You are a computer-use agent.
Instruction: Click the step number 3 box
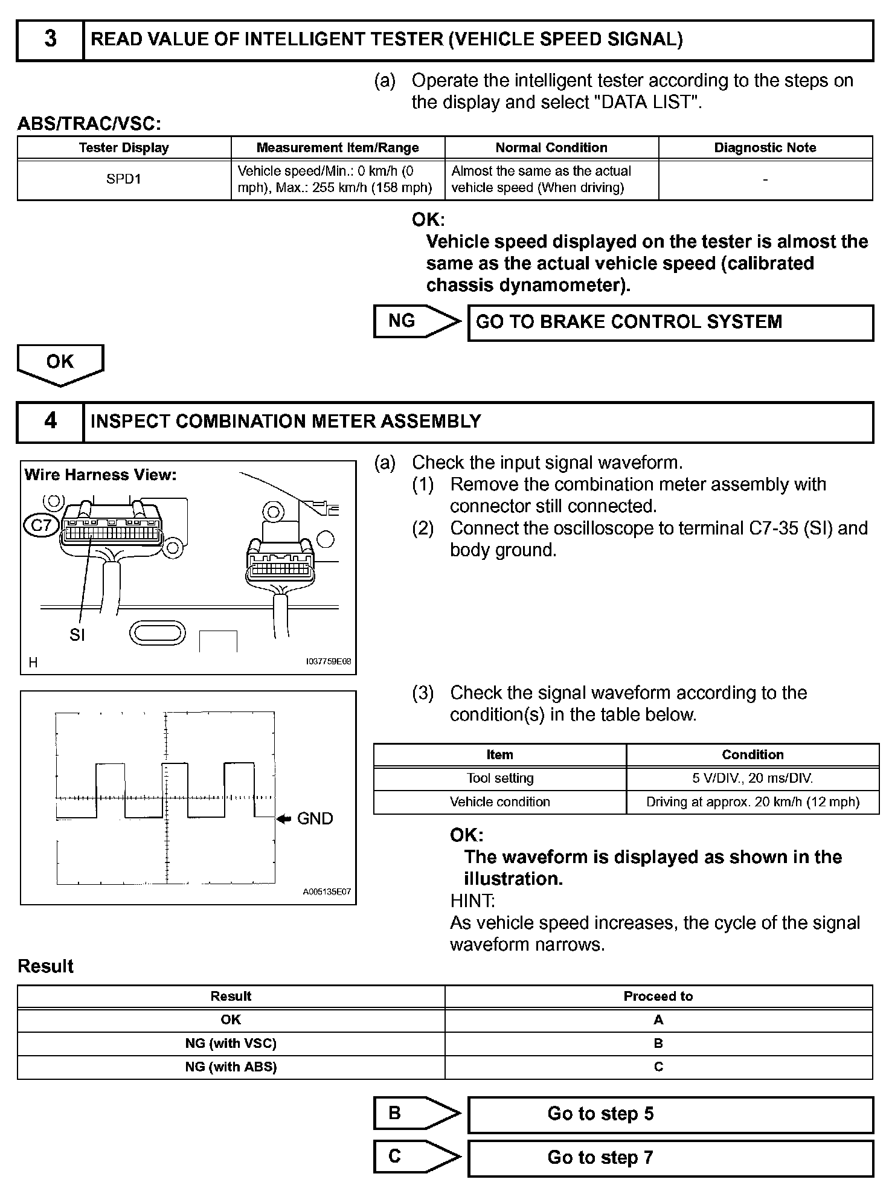tap(50, 40)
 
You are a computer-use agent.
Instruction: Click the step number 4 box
tap(50, 422)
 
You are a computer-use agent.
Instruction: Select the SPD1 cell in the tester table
tap(124, 179)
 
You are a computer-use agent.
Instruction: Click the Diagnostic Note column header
tap(765, 148)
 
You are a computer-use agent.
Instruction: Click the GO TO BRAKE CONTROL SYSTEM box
tap(670, 323)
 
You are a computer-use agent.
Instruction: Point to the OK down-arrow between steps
tap(60, 364)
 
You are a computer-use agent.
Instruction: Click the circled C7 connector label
tap(41, 525)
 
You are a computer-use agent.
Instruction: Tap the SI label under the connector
tap(77, 635)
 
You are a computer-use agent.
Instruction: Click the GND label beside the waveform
tap(315, 818)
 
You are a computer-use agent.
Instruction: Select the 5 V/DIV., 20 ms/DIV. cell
tap(752, 778)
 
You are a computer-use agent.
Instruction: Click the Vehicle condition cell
tap(499, 801)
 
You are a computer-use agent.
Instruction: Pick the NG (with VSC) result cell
tap(231, 1043)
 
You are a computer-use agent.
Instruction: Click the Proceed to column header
tap(658, 997)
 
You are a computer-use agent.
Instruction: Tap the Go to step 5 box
tap(670, 1114)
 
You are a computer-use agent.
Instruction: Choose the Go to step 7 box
tap(670, 1158)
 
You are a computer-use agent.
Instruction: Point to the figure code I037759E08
tap(328, 661)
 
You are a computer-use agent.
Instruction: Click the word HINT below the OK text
tap(472, 900)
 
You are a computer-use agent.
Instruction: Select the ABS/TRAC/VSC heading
tap(89, 124)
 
